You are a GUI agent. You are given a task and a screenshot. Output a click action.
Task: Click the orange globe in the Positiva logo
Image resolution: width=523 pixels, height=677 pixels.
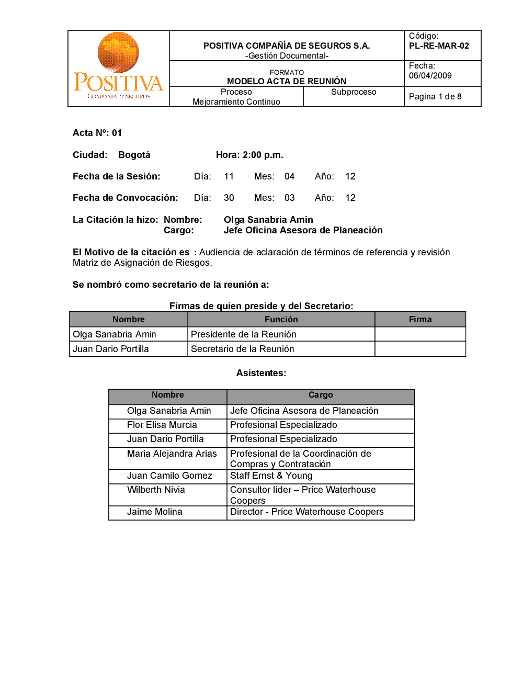[118, 52]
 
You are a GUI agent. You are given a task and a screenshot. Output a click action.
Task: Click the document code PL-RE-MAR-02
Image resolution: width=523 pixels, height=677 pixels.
[439, 46]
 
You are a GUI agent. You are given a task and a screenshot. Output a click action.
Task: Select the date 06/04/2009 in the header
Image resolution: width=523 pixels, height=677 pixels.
[430, 76]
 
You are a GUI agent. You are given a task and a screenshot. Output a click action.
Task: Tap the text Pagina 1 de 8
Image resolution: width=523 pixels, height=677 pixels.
[435, 97]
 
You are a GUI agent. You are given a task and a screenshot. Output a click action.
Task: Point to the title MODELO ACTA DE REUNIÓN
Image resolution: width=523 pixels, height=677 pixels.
[287, 81]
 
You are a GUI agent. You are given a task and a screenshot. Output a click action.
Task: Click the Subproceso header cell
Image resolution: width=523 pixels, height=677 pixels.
[354, 92]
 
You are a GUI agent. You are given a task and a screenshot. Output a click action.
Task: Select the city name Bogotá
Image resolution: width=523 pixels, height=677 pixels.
[134, 155]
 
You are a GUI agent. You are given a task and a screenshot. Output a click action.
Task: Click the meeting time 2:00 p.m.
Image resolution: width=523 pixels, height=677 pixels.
[263, 155]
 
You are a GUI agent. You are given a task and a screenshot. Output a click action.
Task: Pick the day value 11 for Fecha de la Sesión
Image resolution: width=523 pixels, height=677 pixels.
[229, 176]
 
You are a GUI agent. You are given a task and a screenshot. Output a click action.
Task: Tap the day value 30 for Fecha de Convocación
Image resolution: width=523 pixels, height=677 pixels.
[229, 198]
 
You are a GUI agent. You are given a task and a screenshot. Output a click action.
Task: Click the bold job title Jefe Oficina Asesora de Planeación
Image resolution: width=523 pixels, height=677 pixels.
[303, 230]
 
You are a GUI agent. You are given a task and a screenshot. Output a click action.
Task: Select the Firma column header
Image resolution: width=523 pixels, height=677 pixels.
[420, 320]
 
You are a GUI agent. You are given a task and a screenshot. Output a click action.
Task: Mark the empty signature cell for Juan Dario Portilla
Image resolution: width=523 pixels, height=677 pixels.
[420, 349]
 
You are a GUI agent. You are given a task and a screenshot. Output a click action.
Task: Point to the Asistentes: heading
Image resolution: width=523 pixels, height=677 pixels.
[261, 373]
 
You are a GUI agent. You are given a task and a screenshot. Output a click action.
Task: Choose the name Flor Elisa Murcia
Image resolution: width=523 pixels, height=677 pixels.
[162, 425]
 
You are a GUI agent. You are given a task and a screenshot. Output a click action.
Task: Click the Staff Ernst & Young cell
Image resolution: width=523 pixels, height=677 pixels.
[271, 476]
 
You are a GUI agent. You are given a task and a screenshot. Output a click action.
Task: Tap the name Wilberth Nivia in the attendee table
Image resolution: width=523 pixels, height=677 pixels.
[156, 490]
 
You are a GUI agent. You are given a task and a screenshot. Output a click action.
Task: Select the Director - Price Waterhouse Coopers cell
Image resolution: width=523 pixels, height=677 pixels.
[307, 512]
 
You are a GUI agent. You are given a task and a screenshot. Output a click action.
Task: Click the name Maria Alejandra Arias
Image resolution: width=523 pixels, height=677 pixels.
[172, 454]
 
